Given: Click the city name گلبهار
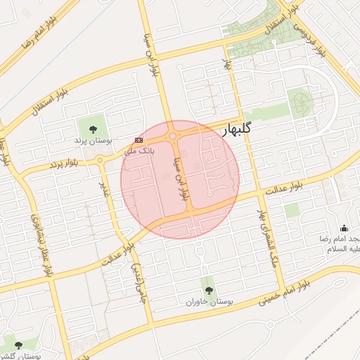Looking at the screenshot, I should click(247, 131).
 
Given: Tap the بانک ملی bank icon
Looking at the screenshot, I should click(139, 140).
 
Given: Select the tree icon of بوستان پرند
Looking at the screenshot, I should click(93, 127).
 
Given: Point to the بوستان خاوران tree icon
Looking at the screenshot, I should click(208, 289).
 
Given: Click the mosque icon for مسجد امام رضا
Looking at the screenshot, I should click(344, 228).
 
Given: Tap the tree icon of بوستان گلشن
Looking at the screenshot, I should click(18, 345).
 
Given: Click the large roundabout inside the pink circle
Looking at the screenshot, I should click(173, 136).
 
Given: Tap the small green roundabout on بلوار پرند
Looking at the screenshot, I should click(101, 160).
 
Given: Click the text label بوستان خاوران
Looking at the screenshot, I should click(209, 301).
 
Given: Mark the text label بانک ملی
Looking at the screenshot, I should click(138, 150).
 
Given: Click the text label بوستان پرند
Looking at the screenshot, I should click(89, 140).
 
